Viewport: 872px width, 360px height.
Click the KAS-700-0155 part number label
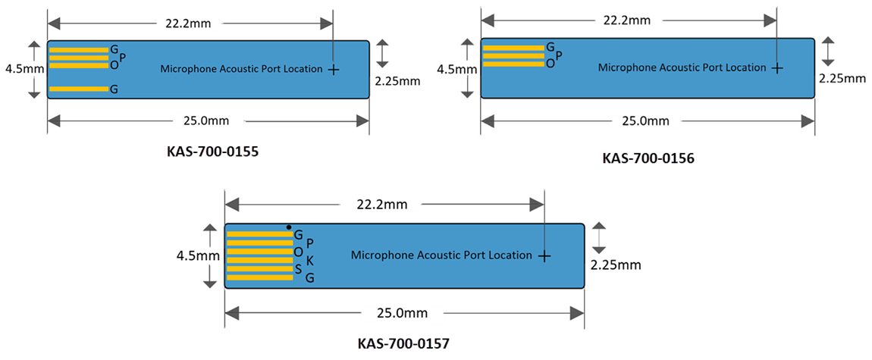(212, 152)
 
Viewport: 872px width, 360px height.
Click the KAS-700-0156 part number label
(648, 158)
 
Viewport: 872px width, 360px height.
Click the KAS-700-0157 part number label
(403, 343)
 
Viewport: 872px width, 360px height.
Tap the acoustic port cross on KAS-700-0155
(333, 69)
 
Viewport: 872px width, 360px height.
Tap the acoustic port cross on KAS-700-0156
(776, 67)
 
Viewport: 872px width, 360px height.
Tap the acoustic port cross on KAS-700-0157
(544, 256)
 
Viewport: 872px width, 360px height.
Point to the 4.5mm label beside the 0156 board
(457, 70)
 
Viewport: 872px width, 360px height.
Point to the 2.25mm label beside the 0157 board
(616, 265)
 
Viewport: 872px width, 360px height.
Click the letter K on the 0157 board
(309, 260)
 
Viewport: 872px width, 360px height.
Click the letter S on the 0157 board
(298, 269)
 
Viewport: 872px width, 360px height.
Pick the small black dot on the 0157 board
(289, 227)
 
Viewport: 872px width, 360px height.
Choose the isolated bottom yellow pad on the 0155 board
(79, 89)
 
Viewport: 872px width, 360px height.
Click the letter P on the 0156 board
(559, 55)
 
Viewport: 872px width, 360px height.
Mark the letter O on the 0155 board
(114, 65)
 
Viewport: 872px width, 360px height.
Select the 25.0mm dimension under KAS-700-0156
(645, 121)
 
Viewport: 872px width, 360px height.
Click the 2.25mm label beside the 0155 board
(398, 78)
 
